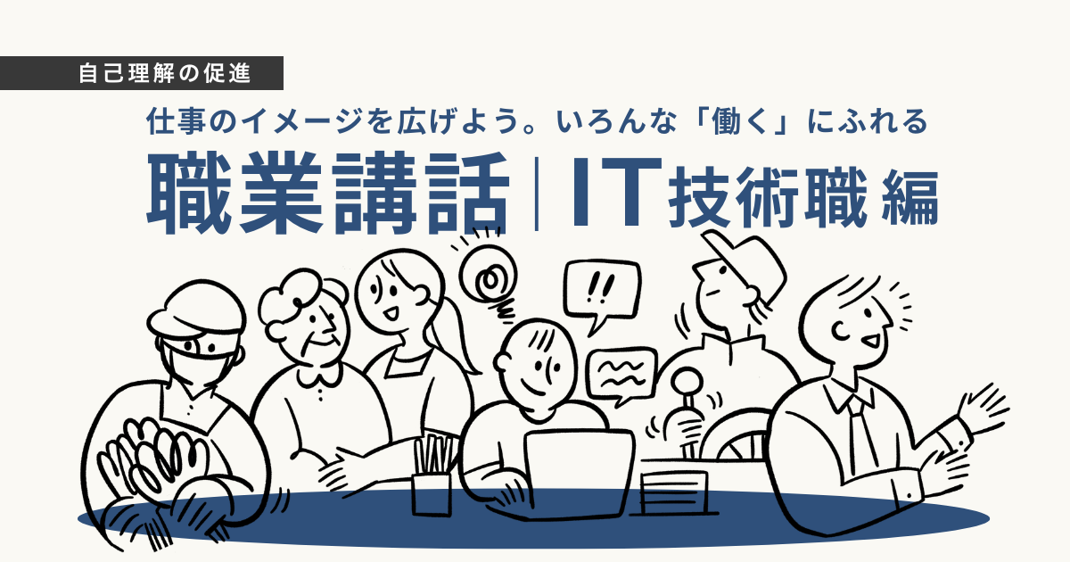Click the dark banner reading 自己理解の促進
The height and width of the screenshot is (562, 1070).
point(142,73)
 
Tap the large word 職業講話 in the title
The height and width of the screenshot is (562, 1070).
point(328,193)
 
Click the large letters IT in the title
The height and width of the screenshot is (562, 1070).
point(617,192)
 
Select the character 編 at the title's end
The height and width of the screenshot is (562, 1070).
point(910,198)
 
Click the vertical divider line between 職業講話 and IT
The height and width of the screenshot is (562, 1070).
point(538,194)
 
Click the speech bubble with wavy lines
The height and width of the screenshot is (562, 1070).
point(621,376)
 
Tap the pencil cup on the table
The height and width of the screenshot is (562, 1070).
point(432,493)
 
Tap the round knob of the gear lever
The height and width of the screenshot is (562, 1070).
point(686,382)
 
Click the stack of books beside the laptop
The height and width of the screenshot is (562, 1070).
point(672,492)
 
